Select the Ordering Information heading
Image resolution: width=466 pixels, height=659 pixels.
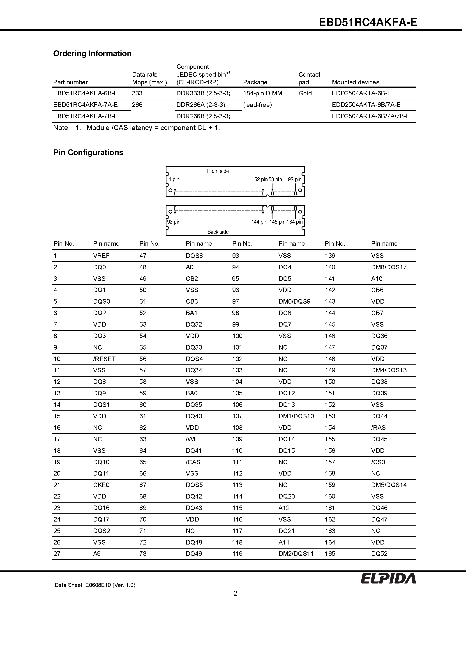coord(92,54)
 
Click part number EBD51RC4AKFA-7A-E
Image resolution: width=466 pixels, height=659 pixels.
coord(85,105)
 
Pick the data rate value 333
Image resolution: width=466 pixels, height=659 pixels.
coord(137,93)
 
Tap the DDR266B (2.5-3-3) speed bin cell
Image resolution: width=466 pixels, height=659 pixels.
coord(203,116)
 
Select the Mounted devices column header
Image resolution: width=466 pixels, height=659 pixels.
coord(355,82)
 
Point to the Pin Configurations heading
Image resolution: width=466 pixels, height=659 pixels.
coord(88,152)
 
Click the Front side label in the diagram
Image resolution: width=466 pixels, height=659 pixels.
coord(218,171)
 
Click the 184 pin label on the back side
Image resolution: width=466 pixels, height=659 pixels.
coord(295,222)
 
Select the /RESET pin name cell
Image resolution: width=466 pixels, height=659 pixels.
coord(104,359)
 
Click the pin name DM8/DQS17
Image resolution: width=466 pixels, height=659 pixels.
coord(389,267)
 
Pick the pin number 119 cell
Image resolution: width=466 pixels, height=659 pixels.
coord(237,554)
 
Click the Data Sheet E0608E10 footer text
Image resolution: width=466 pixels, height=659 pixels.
coord(95,585)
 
